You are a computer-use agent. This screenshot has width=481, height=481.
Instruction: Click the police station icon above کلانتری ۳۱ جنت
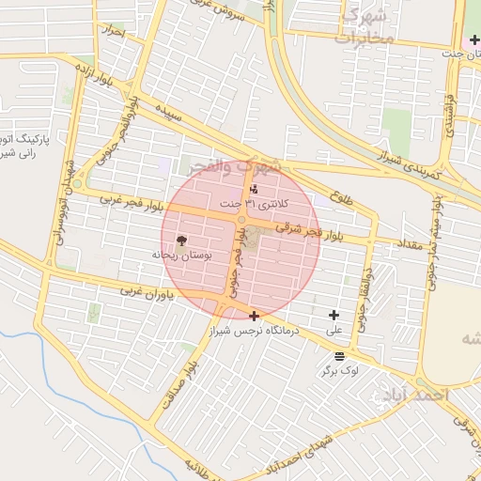point(254,191)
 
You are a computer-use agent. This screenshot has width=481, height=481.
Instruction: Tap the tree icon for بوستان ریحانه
point(180,241)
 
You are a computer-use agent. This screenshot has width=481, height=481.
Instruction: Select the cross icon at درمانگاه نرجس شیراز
point(255,317)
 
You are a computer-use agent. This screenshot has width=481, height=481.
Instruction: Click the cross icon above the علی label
point(333,316)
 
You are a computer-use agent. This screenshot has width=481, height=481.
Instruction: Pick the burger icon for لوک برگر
point(338,356)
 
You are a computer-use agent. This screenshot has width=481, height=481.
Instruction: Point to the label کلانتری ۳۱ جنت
point(256,204)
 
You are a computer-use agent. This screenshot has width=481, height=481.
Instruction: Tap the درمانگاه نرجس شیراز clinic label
point(257,331)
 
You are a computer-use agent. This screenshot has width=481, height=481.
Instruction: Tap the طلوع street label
point(342,199)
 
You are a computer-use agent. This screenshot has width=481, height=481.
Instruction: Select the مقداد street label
point(410,244)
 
